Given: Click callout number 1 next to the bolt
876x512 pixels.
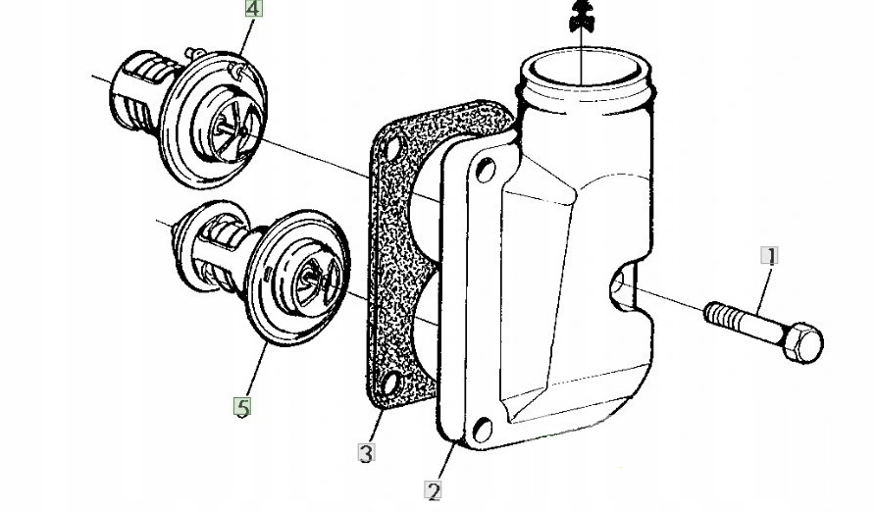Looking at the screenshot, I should tap(771, 257).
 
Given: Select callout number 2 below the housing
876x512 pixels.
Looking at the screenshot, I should tap(434, 490).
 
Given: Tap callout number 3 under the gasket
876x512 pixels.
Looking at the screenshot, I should tap(366, 453).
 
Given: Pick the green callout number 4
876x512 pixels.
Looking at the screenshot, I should tap(254, 10).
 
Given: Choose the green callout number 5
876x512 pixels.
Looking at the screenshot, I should tap(241, 406).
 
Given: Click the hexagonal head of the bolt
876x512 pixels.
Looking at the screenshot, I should tap(804, 341).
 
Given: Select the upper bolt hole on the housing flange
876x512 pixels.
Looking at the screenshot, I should tap(484, 172).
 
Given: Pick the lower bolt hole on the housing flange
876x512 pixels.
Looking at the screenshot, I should tap(480, 429).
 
